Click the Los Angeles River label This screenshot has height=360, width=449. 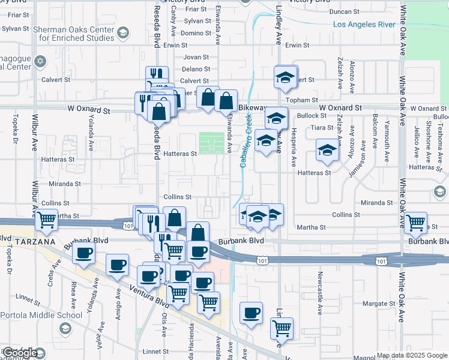(x=364, y=24)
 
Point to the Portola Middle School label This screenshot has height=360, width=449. (x=41, y=315)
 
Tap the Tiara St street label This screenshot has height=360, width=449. (x=322, y=128)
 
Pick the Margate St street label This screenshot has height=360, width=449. (x=379, y=304)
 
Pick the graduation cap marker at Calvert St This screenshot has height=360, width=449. (x=286, y=76)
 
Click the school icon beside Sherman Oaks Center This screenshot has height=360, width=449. (x=123, y=32)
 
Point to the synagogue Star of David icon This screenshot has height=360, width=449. (x=41, y=61)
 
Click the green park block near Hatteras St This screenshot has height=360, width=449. (x=211, y=143)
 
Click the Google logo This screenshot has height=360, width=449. (x=20, y=353)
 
